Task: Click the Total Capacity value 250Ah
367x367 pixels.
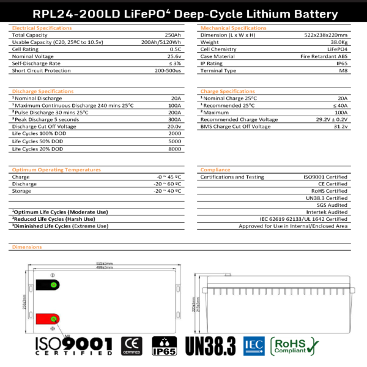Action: [x=173, y=35]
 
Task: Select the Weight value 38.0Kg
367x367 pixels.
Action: [x=339, y=42]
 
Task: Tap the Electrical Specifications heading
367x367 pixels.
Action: [x=38, y=28]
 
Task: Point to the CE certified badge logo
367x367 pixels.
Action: [x=131, y=346]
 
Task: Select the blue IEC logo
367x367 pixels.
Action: [x=253, y=346]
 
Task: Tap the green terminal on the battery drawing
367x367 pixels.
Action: [x=53, y=285]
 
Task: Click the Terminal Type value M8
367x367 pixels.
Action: [x=344, y=70]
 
